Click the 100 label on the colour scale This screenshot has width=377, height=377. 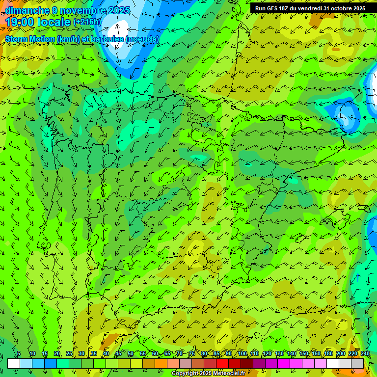(x=242, y=353)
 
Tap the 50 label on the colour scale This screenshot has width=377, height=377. (x=131, y=353)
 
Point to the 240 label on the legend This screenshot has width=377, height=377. (x=365, y=353)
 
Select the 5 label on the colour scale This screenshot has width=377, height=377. (x=19, y=353)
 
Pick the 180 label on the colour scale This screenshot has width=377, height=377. (x=328, y=353)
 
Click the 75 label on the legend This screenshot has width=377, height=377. (x=192, y=353)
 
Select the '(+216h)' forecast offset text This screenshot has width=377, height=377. (x=87, y=22)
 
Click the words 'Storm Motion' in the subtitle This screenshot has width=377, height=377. (x=29, y=39)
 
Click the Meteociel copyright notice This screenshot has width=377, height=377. (x=208, y=373)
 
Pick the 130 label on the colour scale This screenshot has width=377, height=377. (x=279, y=353)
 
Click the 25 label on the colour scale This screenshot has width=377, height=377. (x=69, y=353)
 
